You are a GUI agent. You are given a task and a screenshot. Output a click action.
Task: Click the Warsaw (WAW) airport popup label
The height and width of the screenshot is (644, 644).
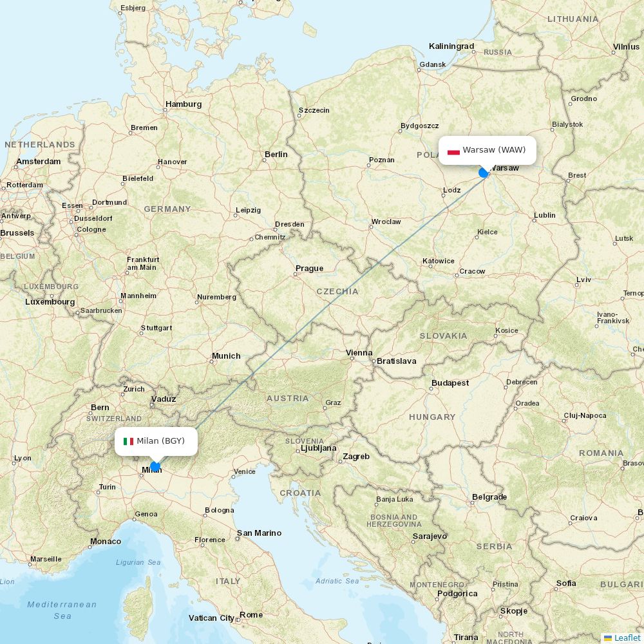click(x=493, y=150)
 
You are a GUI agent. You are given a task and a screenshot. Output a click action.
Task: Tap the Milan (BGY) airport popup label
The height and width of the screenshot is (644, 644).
click(x=160, y=441)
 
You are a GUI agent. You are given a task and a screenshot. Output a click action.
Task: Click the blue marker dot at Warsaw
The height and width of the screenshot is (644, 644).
click(x=484, y=173)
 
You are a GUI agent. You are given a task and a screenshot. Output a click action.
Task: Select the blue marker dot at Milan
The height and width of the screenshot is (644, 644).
click(x=155, y=466)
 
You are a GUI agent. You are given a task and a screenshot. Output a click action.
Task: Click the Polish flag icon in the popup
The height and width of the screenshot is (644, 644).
click(x=453, y=151)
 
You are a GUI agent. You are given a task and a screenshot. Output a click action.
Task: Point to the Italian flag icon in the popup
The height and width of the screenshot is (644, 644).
click(x=128, y=441)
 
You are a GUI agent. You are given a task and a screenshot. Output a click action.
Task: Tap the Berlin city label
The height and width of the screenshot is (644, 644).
click(x=276, y=155)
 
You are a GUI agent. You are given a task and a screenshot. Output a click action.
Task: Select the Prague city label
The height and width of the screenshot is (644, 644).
click(x=309, y=269)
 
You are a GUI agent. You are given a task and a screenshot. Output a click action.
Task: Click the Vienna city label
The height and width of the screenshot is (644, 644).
click(x=359, y=353)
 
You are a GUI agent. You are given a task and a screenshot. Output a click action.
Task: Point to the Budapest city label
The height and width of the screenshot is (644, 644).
click(x=450, y=383)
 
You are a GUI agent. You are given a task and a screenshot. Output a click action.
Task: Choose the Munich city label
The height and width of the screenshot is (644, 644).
click(x=226, y=356)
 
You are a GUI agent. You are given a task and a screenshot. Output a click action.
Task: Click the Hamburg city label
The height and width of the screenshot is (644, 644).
click(x=184, y=104)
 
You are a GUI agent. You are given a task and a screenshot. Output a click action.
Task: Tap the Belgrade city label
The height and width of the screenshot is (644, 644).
click(x=489, y=497)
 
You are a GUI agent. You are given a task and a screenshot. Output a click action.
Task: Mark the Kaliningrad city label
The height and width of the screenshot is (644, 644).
click(x=451, y=46)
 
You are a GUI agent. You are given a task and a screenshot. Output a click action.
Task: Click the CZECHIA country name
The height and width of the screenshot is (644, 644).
click(x=337, y=292)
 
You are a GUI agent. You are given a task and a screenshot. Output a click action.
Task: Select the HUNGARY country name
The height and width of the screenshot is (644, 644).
click(x=432, y=417)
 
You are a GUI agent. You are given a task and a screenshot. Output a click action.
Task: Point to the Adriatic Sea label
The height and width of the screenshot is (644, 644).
click(x=337, y=581)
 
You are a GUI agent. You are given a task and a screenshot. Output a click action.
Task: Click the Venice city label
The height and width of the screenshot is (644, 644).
click(x=244, y=471)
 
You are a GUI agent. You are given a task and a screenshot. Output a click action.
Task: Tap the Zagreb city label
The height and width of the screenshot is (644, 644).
click(x=356, y=457)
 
